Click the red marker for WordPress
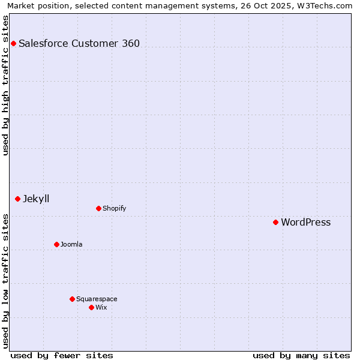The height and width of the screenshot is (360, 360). pos(275,222)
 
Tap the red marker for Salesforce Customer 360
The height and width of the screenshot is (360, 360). pos(13,43)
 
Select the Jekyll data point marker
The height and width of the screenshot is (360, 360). pos(17,199)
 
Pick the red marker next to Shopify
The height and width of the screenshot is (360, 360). pos(98,208)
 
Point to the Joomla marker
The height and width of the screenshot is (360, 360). pos(56,244)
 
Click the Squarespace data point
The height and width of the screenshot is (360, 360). pos(72,299)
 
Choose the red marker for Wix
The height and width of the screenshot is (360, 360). pos(91,307)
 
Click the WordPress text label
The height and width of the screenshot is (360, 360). pos(305,222)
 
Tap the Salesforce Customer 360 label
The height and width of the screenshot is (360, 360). pos(79,43)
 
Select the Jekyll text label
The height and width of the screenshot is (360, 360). pos(36,199)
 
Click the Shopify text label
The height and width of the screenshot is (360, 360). pos(114,208)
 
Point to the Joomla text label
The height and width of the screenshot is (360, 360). pos(71,244)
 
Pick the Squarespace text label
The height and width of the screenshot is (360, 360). pos(97,299)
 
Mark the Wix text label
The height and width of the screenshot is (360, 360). pos(101,307)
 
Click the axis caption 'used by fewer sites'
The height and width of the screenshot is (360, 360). pos(62,355)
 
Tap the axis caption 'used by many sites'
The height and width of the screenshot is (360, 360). pos(301,355)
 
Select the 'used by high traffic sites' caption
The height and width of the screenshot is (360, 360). pos(5,85)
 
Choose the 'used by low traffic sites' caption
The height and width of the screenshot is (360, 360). pos(5,281)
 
